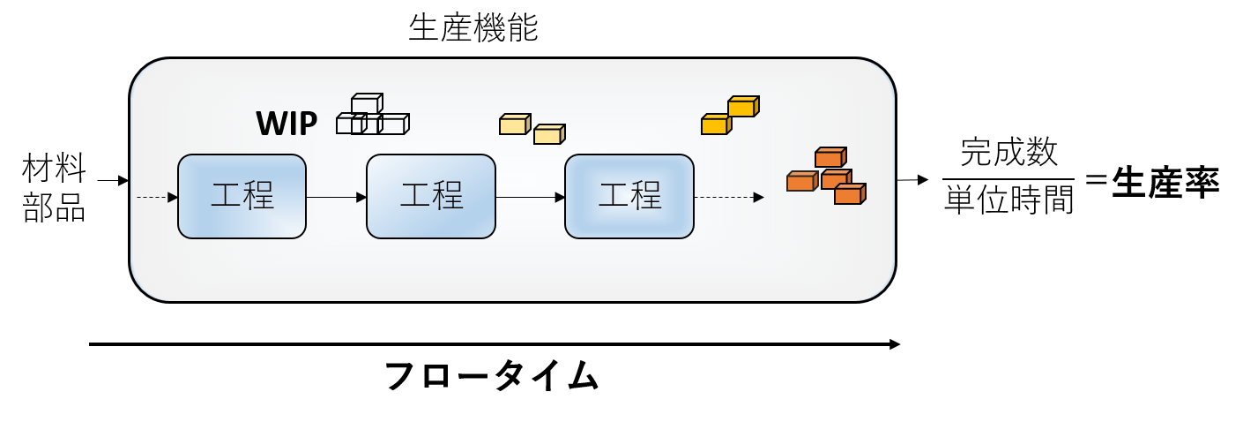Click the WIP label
tap(287, 124)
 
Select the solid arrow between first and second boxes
tap(336, 197)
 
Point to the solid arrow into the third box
tap(530, 197)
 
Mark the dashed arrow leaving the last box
tap(728, 197)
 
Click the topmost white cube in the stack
tap(366, 104)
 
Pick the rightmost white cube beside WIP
tap(394, 124)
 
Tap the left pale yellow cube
tap(514, 125)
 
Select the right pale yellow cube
tap(548, 135)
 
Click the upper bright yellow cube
tap(742, 107)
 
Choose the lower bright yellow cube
tap(715, 125)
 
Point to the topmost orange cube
tap(830, 158)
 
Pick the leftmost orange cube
tap(800, 182)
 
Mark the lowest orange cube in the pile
tap(849, 195)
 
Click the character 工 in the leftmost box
tap(226, 195)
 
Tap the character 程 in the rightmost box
tap(646, 195)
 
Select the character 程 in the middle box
tap(448, 195)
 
